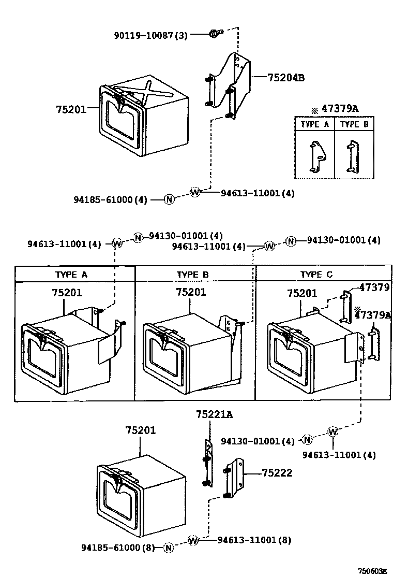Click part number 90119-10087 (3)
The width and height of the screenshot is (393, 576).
pos(150,35)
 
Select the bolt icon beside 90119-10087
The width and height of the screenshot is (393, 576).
pos(214,34)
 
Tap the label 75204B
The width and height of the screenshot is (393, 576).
pos(286,78)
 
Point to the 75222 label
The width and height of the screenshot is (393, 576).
pos(277,472)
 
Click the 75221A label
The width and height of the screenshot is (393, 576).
pos(214,414)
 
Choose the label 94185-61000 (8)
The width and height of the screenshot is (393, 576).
pos(118,547)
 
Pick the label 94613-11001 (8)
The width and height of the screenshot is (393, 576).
pos(254,540)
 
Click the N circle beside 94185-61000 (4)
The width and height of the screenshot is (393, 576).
pos(169,199)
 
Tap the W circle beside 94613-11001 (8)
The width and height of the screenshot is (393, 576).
pos(193,540)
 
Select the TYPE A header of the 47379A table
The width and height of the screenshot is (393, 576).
pos(314,124)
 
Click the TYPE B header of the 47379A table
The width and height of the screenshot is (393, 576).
pos(354,124)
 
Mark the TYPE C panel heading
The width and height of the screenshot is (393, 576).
pos(317,274)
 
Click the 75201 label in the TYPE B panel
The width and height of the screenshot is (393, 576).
pos(191,292)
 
